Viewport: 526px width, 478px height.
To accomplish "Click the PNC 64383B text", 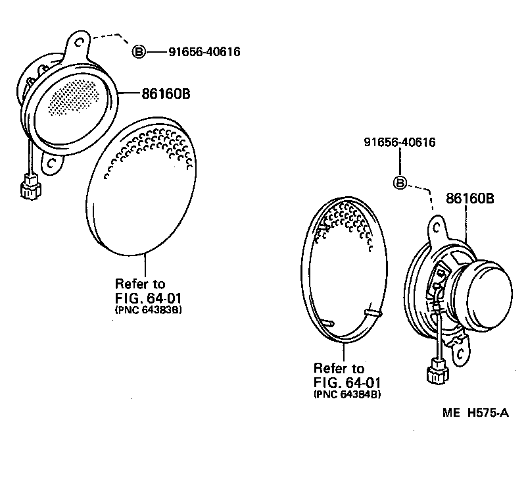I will pyautogui.click(x=148, y=309).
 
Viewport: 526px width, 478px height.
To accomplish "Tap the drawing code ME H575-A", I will pyautogui.click(x=475, y=413).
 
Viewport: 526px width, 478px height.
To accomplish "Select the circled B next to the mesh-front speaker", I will pyautogui.click(x=139, y=51).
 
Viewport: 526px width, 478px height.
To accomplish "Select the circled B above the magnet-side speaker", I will pyautogui.click(x=401, y=183).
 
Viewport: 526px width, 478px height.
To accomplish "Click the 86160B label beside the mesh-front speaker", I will pyautogui.click(x=166, y=93).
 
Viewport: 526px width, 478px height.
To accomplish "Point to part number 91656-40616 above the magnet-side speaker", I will pyautogui.click(x=401, y=142).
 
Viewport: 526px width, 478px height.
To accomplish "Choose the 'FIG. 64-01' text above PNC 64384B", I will pyautogui.click(x=348, y=381).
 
